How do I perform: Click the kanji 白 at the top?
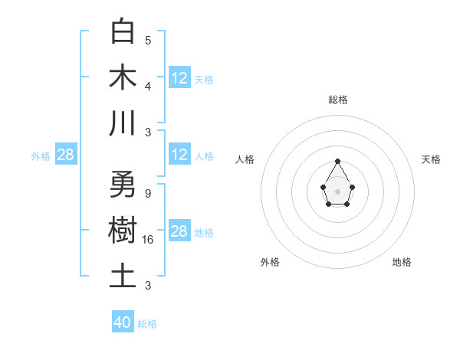123,32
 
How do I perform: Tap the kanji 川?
123,123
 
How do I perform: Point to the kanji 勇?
123,185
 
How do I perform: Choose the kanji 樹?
123,231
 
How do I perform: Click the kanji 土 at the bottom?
123,276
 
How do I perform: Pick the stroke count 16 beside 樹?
149,239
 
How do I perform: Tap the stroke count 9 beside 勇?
147,193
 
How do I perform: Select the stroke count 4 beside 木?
148,85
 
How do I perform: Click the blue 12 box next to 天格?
179,78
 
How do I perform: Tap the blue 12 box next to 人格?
179,155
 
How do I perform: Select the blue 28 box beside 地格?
179,231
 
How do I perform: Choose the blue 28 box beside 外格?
66,155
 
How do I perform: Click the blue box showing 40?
123,322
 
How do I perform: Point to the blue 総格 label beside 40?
148,324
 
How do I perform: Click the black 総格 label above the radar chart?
337,100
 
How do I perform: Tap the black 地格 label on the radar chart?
402,262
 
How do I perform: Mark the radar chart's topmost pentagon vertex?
337,161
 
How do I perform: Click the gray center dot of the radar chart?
337,191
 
